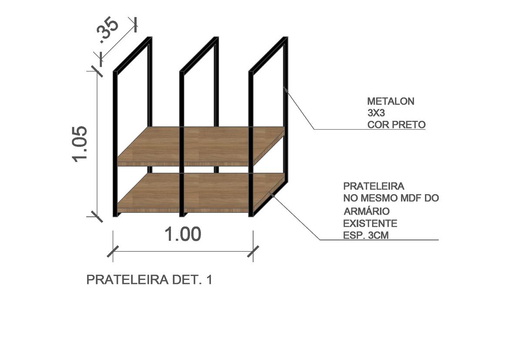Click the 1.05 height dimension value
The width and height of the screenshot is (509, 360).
pyautogui.click(x=80, y=144)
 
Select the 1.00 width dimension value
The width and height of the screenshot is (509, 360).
pyautogui.click(x=183, y=234)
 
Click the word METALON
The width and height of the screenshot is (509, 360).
pyautogui.click(x=391, y=101)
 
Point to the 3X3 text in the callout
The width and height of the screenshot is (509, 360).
pyautogui.click(x=376, y=113)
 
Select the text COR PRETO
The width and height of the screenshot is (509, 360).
pyautogui.click(x=396, y=124)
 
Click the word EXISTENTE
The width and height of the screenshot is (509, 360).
pyautogui.click(x=370, y=224)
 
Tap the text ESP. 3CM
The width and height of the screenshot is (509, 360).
pyautogui.click(x=366, y=235)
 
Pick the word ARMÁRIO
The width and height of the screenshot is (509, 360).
pyautogui.click(x=366, y=211)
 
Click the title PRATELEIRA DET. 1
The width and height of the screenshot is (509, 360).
pyautogui.click(x=149, y=280)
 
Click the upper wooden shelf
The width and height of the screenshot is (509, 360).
pyautogui.click(x=201, y=146)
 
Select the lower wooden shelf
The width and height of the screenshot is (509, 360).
pyautogui.click(x=201, y=193)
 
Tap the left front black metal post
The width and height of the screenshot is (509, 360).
pyautogui.click(x=115, y=144)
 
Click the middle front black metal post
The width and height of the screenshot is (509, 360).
pyautogui.click(x=182, y=144)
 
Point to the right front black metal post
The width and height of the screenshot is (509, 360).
pyautogui.click(x=251, y=144)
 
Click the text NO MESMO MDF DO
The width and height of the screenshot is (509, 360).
pyautogui.click(x=391, y=198)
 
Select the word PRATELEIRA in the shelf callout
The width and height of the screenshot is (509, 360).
pyautogui.click(x=374, y=186)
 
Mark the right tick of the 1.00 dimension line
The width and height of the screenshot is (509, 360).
pyautogui.click(x=253, y=251)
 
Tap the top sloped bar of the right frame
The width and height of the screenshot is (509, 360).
pyautogui.click(x=268, y=54)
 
